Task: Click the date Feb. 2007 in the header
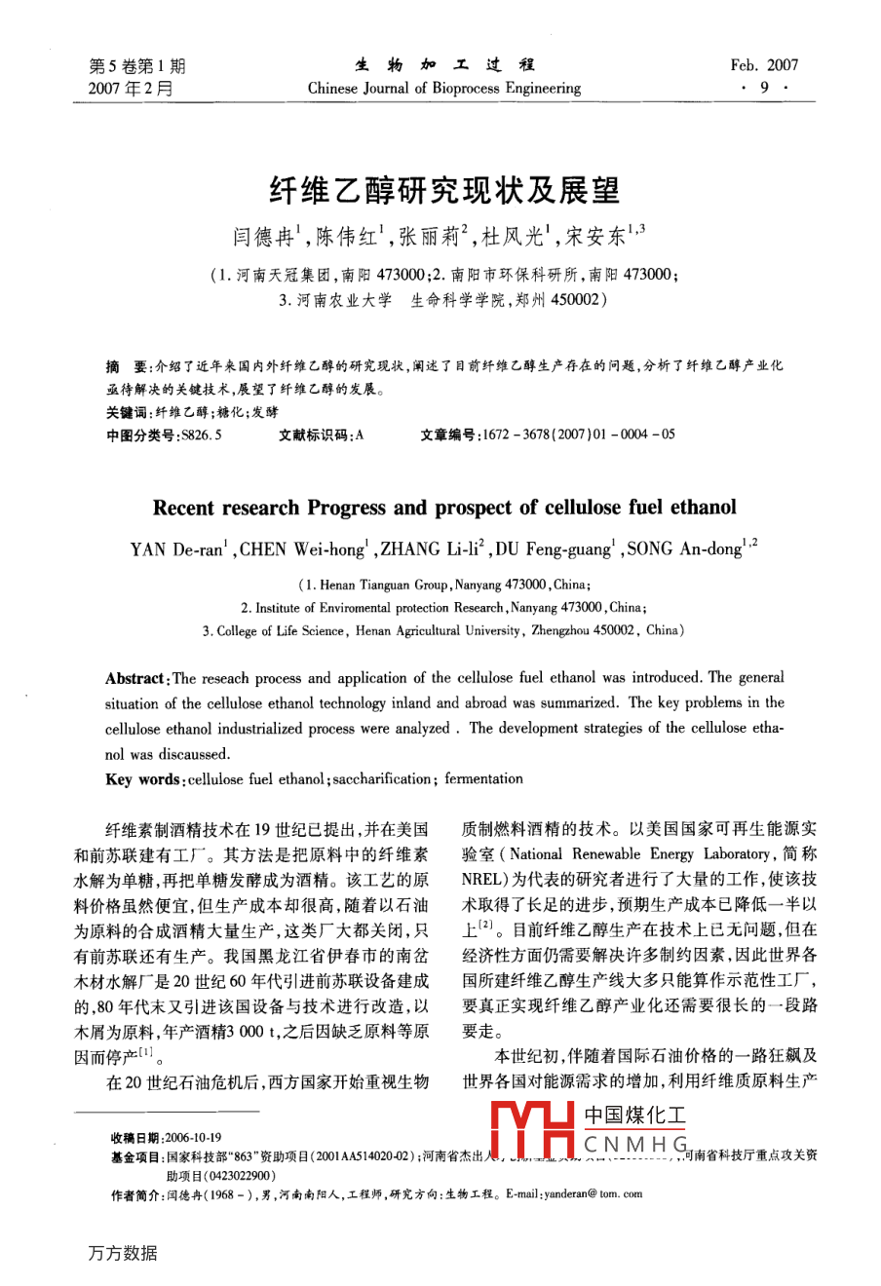pyautogui.click(x=763, y=65)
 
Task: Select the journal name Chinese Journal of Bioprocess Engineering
pyautogui.click(x=443, y=89)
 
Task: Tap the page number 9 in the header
pyautogui.click(x=764, y=89)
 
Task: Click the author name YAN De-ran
pyautogui.click(x=176, y=549)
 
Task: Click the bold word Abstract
pyautogui.click(x=135, y=679)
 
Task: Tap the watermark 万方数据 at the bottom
pyautogui.click(x=123, y=1253)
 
